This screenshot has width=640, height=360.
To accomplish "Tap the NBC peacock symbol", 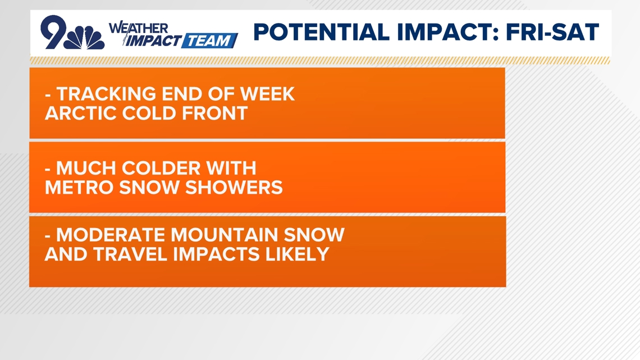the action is [x=85, y=38].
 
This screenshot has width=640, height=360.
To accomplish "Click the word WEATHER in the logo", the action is [x=138, y=28].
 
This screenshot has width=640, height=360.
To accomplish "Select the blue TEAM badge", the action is [x=209, y=41].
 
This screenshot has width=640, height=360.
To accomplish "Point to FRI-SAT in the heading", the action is [x=552, y=32].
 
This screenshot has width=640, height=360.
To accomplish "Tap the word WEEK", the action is [x=267, y=94].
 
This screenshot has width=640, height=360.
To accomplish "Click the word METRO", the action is [x=79, y=188].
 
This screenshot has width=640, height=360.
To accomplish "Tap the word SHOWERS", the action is [x=234, y=188].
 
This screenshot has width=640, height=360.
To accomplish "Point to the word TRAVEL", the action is [x=131, y=254].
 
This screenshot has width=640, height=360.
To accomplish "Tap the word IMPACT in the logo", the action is [x=153, y=41].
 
